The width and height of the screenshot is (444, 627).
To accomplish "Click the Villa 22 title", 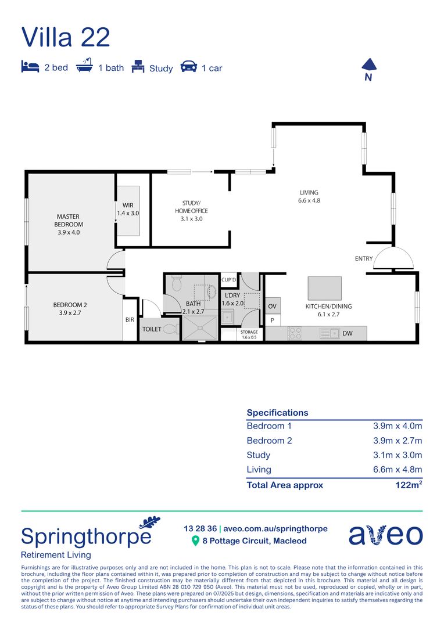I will coord(65,37).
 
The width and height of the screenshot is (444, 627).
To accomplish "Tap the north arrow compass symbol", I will coord(368,66).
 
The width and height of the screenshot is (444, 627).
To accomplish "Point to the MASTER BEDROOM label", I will coord(69,224).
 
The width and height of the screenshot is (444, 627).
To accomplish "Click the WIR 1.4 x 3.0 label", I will coord(128,209).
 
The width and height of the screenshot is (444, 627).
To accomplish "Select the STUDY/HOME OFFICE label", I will coord(191,211).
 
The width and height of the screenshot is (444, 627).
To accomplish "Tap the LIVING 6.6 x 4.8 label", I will coord(309,196).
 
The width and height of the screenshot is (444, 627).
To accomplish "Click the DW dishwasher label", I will coord(348,333).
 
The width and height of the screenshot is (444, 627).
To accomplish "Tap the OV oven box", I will coord(272,306).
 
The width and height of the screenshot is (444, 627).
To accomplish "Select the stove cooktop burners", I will coord(295,333).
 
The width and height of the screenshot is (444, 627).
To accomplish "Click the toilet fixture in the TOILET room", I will coord(169,329).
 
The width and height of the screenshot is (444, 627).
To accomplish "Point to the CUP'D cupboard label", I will coord(230,280).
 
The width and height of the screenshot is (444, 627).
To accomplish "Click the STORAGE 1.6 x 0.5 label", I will coord(249,334).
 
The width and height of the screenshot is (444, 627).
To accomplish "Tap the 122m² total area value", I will coord(409,485).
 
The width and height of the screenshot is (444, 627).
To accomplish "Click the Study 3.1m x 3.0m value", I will coord(398,455).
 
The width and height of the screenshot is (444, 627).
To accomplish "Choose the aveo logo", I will coord(385,534).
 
